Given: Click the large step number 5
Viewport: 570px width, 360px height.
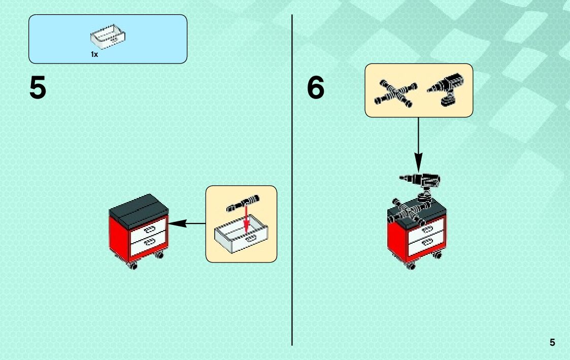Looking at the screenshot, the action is pyautogui.click(x=38, y=88).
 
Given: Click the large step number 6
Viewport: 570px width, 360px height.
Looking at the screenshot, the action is pyautogui.click(x=315, y=88).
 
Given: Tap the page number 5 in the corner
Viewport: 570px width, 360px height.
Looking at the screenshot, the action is pyautogui.click(x=552, y=343).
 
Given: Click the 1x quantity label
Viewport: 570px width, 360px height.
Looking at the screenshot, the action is pyautogui.click(x=94, y=54).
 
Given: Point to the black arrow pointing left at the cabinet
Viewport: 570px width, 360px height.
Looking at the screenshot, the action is pyautogui.click(x=186, y=223).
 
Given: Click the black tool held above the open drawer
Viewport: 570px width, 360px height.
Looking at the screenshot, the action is pyautogui.click(x=243, y=202).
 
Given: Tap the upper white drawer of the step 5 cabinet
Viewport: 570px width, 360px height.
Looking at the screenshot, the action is pyautogui.click(x=149, y=229).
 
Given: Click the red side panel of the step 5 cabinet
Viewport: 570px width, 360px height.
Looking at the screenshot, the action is pyautogui.click(x=119, y=237).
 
